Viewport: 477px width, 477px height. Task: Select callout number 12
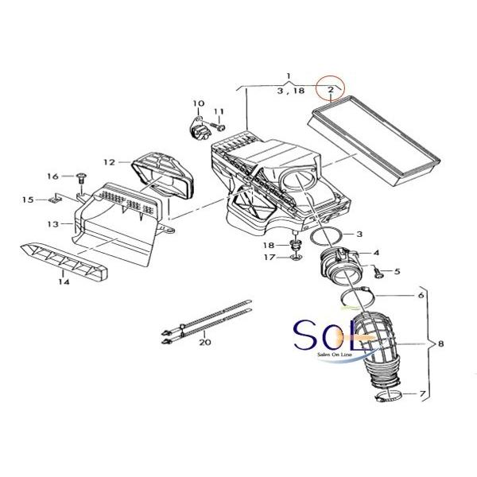(x=109, y=162)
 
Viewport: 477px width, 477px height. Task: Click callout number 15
(x=27, y=200)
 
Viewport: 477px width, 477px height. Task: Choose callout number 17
(x=270, y=258)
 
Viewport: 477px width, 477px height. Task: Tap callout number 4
(x=376, y=253)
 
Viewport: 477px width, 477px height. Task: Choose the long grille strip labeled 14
(x=64, y=258)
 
